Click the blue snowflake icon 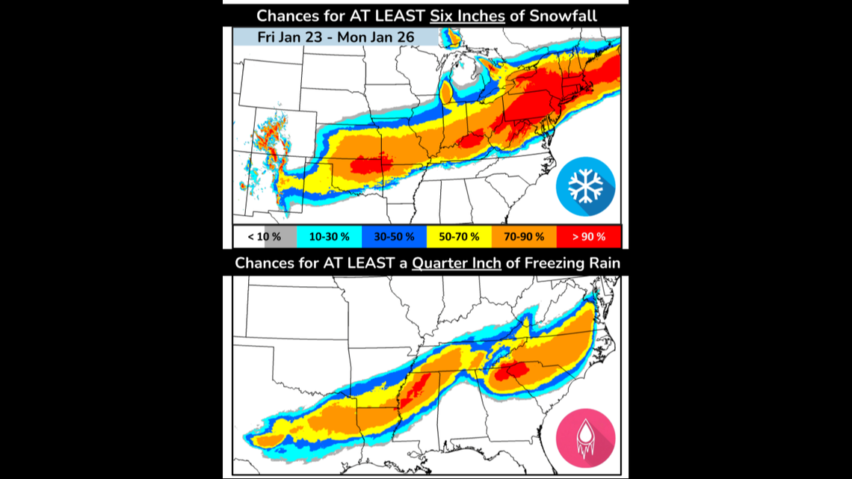coord(585,187)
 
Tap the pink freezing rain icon coord(585,438)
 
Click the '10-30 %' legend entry coord(330,237)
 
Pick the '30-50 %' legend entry coord(394,237)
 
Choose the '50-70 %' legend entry coord(458,237)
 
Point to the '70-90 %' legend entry coord(523,237)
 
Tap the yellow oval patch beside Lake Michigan coord(445,93)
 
